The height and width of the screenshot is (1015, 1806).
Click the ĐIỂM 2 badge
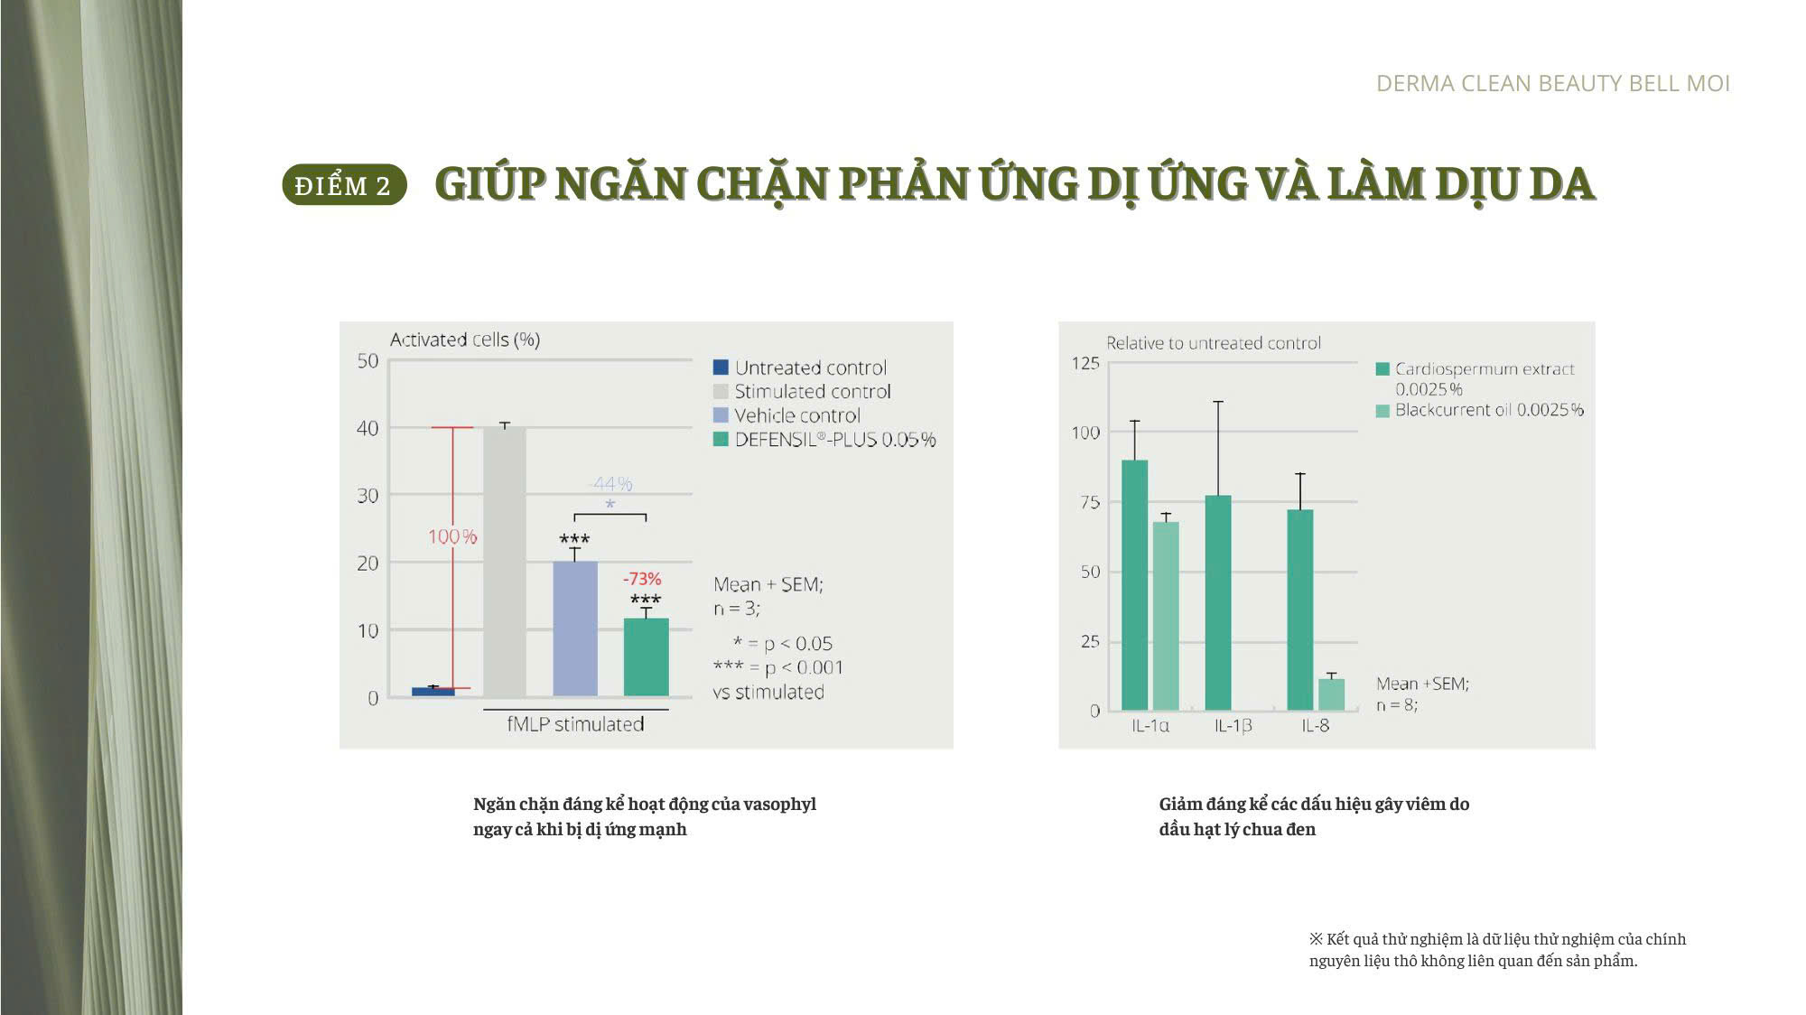click(x=344, y=185)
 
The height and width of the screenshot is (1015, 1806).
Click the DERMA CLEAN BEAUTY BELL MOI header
click(x=1553, y=84)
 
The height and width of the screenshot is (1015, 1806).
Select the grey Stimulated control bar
click(x=505, y=562)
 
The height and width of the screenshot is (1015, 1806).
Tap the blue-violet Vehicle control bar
click(x=575, y=629)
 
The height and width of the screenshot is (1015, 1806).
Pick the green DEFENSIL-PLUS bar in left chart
click(x=647, y=657)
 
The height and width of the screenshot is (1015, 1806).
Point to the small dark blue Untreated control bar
click(x=433, y=692)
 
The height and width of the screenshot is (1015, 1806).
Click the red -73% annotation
click(x=642, y=579)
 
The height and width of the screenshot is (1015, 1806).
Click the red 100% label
click(x=452, y=536)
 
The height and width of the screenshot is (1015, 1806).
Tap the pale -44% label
click(x=610, y=484)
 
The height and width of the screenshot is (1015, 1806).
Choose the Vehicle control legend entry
click(x=787, y=415)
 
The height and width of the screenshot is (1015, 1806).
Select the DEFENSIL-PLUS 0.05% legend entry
click(x=824, y=440)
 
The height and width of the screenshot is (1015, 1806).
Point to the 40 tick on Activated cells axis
click(x=368, y=428)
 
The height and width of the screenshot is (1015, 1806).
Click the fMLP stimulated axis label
click(x=575, y=724)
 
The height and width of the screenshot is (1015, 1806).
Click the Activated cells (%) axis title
click(x=465, y=340)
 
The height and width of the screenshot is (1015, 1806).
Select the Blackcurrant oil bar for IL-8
click(x=1331, y=694)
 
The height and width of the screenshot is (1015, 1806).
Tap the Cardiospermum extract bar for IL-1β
click(x=1218, y=602)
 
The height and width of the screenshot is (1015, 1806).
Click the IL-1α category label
click(x=1150, y=726)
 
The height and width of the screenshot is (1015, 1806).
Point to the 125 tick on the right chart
click(x=1085, y=363)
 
